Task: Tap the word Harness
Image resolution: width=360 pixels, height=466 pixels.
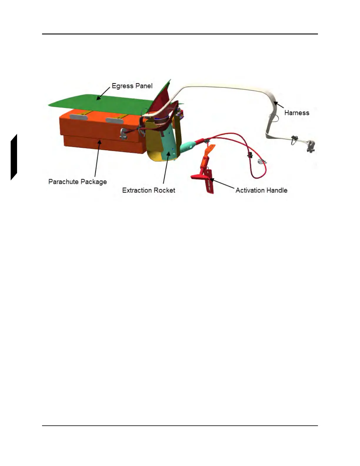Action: (296, 113)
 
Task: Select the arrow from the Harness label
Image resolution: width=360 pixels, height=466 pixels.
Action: (279, 105)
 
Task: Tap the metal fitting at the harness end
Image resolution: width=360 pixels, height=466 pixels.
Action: (310, 146)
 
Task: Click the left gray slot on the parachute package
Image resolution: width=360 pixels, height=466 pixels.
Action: (78, 117)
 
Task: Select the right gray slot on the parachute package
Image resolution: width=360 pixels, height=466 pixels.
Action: (114, 120)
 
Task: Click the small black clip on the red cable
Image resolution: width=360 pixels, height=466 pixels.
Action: (250, 155)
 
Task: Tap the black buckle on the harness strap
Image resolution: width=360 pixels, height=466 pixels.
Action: (294, 139)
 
